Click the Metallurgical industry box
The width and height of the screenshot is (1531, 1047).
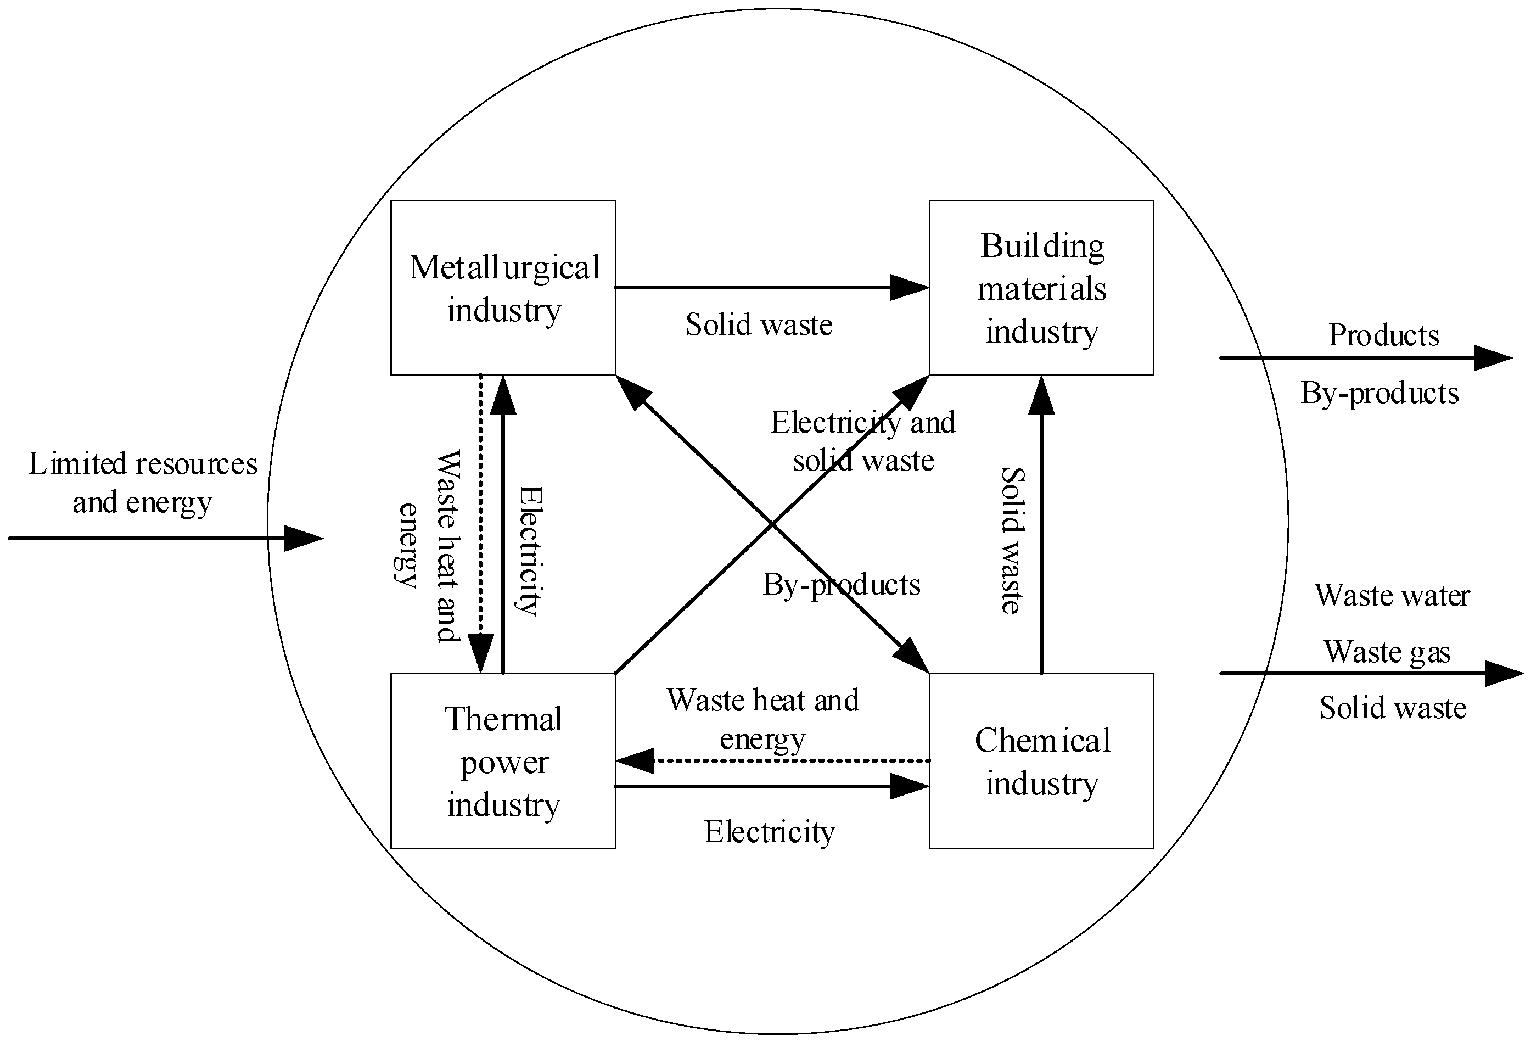(x=503, y=288)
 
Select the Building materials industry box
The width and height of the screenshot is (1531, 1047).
(x=1041, y=288)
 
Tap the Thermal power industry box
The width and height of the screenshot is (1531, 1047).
(x=503, y=761)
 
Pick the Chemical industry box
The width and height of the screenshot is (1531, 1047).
(x=1041, y=761)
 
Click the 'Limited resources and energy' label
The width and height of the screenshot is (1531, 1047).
(x=142, y=483)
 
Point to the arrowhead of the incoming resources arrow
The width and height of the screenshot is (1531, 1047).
(x=304, y=539)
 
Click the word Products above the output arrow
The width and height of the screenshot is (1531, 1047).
(x=1383, y=335)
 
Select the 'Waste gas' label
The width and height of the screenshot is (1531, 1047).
(x=1387, y=652)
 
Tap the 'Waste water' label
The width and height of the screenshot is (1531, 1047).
(x=1392, y=596)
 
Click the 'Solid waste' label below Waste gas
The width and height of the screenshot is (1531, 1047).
(x=1393, y=708)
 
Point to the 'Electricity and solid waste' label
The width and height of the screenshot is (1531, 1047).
(x=863, y=441)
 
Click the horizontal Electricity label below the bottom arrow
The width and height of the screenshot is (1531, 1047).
(x=769, y=832)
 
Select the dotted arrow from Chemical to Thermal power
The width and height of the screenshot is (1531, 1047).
(x=771, y=761)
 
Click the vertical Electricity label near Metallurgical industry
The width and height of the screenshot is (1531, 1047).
(x=530, y=550)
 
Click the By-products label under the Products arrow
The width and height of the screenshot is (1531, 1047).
(x=1379, y=393)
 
